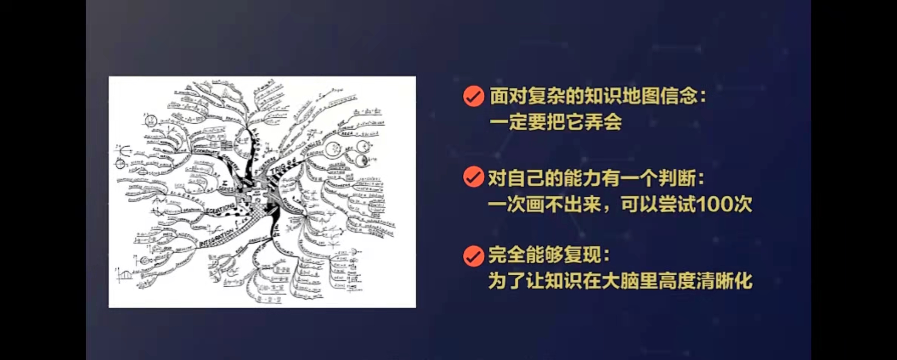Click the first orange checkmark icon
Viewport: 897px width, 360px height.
coord(473,96)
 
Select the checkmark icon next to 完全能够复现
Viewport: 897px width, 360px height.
coord(473,256)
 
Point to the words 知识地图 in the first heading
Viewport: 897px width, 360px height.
coord(621,96)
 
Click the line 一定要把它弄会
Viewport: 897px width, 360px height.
coord(555,122)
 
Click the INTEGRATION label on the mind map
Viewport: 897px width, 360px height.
coord(217,238)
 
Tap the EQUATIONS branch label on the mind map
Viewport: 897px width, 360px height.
coord(220,210)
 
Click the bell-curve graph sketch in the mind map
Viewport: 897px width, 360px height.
coord(125,275)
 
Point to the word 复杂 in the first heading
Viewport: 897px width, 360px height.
coord(546,96)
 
